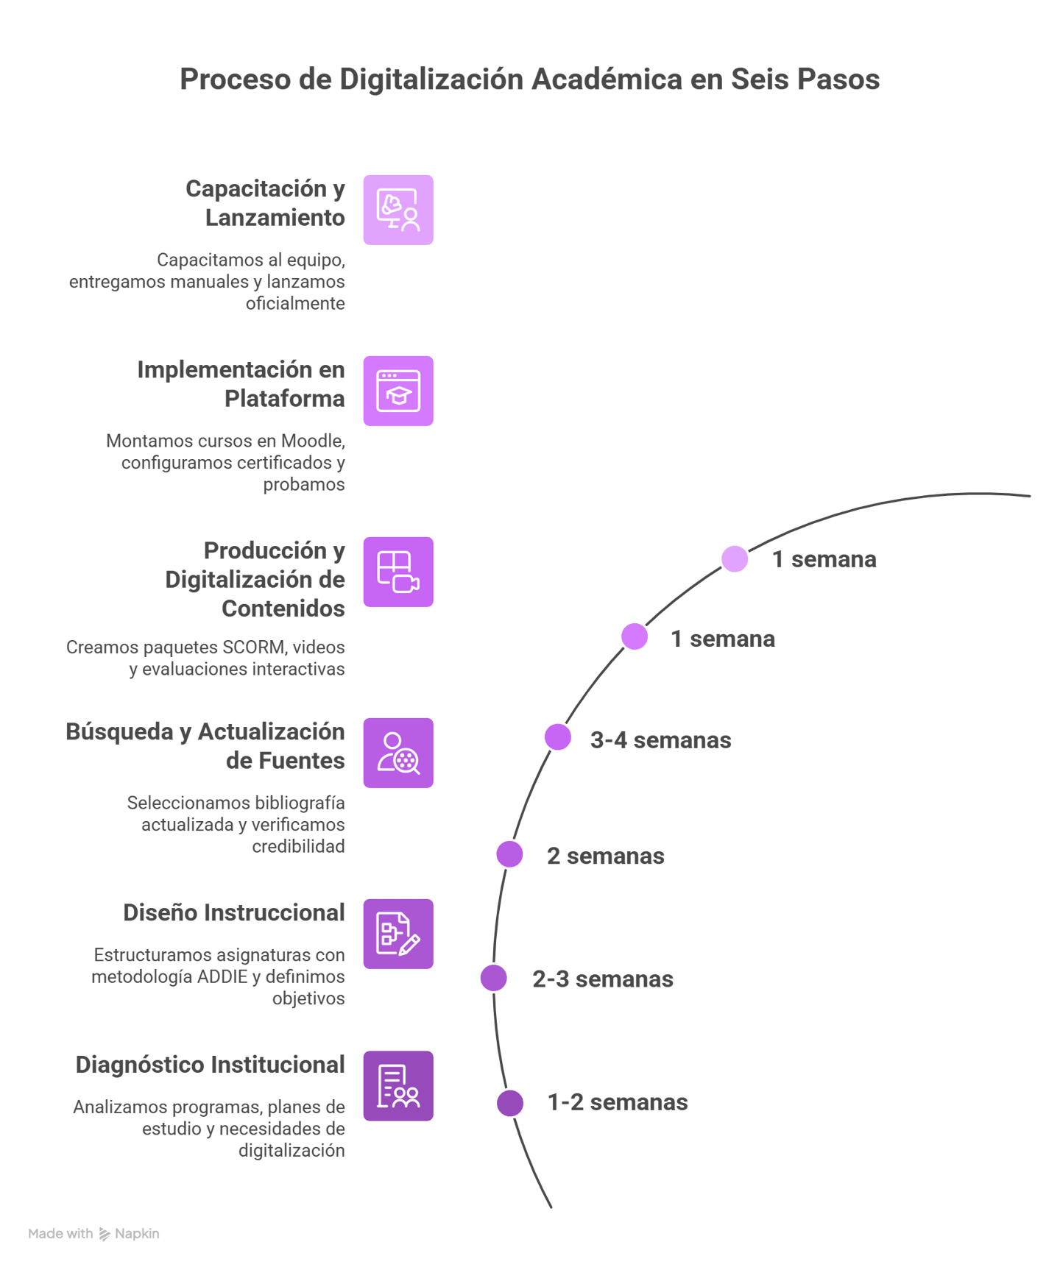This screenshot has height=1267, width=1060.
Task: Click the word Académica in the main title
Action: coord(607,79)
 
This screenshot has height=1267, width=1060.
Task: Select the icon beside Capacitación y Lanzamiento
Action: coord(398,210)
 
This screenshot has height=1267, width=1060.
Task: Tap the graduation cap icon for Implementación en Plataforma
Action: coord(398,391)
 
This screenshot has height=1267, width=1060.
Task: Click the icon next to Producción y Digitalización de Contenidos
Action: coord(398,572)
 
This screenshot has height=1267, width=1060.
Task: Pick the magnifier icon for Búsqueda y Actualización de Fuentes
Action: coord(398,753)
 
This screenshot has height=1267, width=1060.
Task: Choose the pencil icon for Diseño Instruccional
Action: coord(398,934)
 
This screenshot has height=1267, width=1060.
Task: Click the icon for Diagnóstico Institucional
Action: coord(398,1086)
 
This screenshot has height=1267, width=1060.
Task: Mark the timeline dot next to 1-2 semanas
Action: coord(510,1103)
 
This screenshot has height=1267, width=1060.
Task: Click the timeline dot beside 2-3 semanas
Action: coord(494,978)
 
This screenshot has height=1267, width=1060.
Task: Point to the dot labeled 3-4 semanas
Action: coord(558,737)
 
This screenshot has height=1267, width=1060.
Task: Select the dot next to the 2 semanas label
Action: coord(509,854)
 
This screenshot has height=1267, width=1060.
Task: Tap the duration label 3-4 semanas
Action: coord(661,740)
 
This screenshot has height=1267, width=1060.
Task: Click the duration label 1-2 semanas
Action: coord(618,1102)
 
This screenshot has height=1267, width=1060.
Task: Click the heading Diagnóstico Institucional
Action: coord(211,1065)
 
